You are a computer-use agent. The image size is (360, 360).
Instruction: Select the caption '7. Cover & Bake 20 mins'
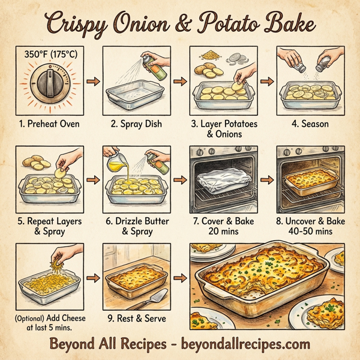point(223,226)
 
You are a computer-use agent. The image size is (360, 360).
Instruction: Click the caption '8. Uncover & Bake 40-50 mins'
point(310,226)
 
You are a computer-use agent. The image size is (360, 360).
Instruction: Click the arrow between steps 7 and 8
point(266,179)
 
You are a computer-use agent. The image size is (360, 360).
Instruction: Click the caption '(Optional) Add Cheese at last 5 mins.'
point(49,323)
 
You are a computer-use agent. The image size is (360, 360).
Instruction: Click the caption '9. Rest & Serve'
point(136,319)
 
